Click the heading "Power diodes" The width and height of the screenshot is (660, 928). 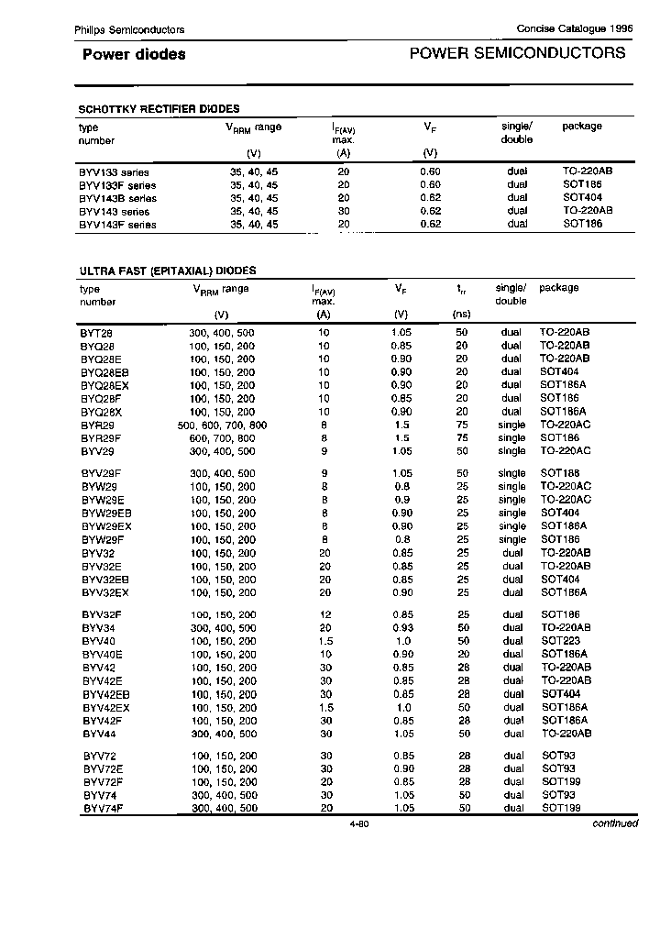(x=134, y=54)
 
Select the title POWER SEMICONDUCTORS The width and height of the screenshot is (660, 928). (x=517, y=53)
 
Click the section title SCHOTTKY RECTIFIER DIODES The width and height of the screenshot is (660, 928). (x=159, y=108)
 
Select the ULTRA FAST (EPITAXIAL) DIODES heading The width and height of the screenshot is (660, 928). (x=167, y=271)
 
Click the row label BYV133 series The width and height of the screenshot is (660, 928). (x=114, y=172)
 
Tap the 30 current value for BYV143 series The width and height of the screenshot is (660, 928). (x=344, y=211)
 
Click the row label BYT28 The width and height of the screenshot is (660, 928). (x=94, y=332)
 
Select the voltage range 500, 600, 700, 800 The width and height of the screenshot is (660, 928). (x=222, y=425)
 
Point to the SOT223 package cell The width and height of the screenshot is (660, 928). (x=558, y=640)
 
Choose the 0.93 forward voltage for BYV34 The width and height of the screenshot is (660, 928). (x=401, y=627)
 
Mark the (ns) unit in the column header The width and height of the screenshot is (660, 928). (x=461, y=314)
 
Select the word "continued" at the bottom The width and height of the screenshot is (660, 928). (x=614, y=823)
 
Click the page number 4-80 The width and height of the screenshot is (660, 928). (x=358, y=823)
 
